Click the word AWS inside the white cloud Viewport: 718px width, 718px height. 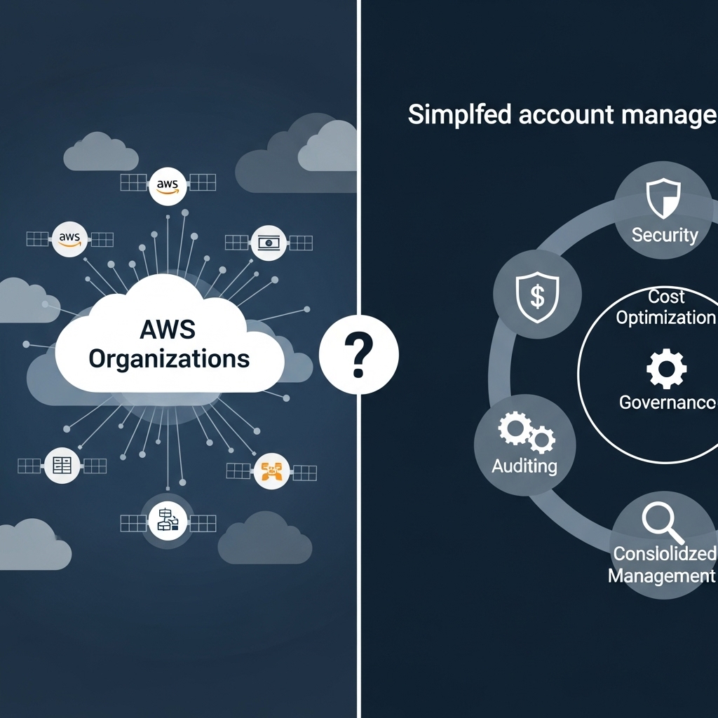pos(168,330)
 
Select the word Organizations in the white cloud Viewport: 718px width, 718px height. pos(169,358)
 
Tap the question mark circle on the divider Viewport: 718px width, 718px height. pos(358,355)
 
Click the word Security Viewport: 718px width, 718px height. pos(664,234)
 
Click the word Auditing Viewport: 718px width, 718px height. pos(524,465)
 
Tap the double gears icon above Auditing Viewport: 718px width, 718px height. pos(526,432)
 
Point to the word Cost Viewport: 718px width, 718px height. pos(666,297)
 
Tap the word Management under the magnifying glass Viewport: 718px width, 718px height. pos(661,576)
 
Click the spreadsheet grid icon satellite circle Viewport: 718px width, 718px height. pos(62,464)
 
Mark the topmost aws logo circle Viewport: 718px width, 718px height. pos(168,184)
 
